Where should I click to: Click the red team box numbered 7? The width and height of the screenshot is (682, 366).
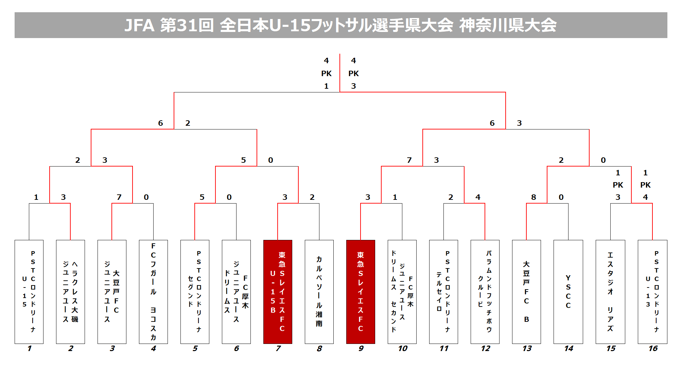(278, 292)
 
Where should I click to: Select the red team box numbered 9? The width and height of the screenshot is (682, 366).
(361, 292)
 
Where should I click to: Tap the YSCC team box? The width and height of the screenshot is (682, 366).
(568, 292)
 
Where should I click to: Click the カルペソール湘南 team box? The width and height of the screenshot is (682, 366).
(319, 292)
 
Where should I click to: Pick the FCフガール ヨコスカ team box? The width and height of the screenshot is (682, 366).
(153, 292)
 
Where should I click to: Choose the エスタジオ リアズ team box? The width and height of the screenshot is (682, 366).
(610, 292)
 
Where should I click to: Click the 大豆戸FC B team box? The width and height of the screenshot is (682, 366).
(526, 292)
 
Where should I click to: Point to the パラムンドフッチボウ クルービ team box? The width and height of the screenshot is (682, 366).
(485, 292)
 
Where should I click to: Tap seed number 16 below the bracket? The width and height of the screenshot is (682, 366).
(653, 348)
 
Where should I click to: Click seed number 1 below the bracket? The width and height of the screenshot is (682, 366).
(29, 348)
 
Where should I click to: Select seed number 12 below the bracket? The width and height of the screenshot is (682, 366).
(486, 348)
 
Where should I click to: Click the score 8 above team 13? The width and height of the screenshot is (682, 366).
(534, 197)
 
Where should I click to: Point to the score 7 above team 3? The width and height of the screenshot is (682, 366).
(119, 197)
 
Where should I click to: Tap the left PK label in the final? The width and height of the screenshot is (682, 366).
(326, 73)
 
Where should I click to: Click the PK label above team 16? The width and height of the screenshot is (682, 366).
(645, 185)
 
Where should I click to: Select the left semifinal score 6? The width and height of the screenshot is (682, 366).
(160, 123)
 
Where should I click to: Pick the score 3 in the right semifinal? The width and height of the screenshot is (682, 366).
(519, 123)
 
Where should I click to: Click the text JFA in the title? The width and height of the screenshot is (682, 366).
(139, 25)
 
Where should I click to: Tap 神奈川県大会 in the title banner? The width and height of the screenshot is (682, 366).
(508, 25)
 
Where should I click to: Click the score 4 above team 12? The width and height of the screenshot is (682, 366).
(478, 197)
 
